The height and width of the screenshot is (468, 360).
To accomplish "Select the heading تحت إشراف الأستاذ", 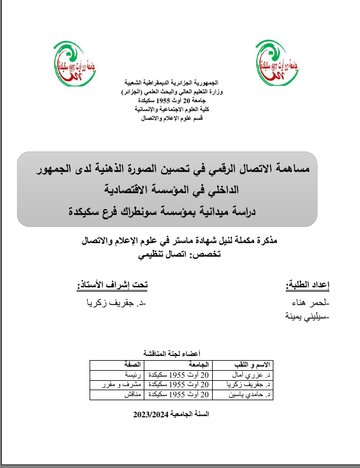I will pos(113,286).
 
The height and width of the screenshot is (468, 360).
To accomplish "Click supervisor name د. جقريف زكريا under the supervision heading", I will pos(115,303).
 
